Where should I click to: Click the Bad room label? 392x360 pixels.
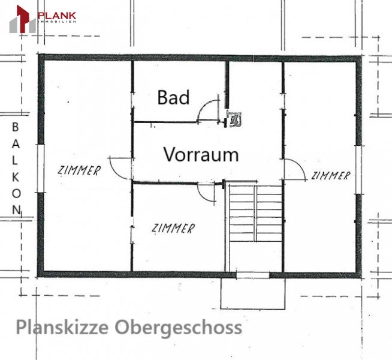tap(173, 97)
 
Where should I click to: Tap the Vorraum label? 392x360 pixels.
tap(201, 154)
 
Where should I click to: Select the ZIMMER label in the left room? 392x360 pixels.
tap(79, 170)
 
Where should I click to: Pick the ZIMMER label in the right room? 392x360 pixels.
tap(330, 176)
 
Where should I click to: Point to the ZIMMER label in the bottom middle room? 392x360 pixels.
tap(173, 228)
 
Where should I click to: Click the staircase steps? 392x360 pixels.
tap(255, 214)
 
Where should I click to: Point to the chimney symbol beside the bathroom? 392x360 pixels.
tap(234, 119)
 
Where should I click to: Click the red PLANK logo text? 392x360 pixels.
tap(57, 16)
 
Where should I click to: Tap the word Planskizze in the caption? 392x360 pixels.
tap(62, 327)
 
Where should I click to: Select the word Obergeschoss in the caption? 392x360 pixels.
tap(178, 327)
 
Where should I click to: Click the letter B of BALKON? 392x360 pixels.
tap(16, 127)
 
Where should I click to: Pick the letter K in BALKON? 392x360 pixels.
tap(16, 178)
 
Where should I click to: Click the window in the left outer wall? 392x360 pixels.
tap(41, 169)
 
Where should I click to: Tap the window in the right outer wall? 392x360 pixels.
tap(358, 170)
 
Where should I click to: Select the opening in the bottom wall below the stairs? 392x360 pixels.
tap(253, 275)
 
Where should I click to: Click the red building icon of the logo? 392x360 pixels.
tap(23, 19)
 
